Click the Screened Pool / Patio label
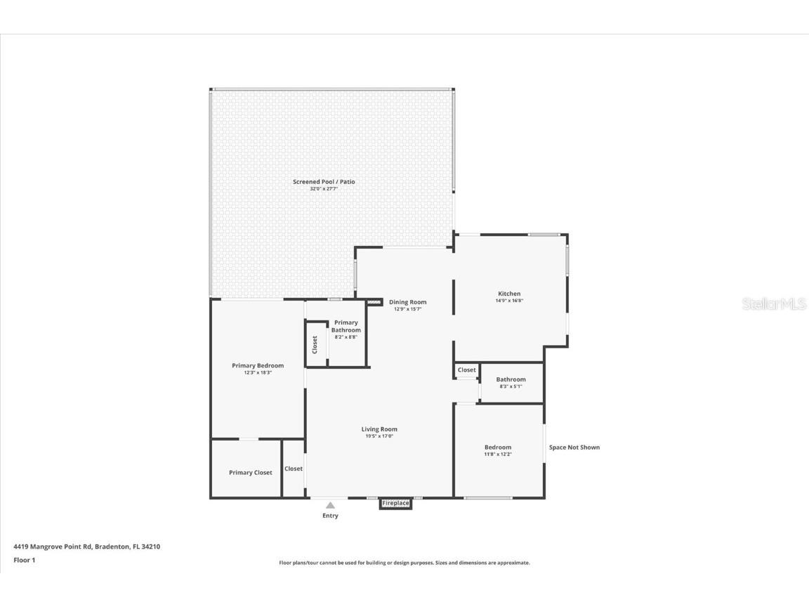(x=324, y=182)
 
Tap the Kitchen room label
(x=509, y=294)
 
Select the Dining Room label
(x=407, y=302)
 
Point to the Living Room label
(x=379, y=429)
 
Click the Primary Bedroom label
(x=258, y=365)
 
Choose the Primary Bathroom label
(x=346, y=326)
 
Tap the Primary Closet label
(x=250, y=473)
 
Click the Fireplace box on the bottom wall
(x=395, y=503)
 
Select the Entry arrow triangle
(x=330, y=504)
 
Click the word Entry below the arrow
(x=330, y=516)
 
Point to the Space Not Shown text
(x=574, y=448)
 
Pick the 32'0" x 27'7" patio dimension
(x=324, y=189)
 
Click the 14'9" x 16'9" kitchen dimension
(x=509, y=301)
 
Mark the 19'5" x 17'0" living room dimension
(x=379, y=436)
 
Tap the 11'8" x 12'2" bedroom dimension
(x=498, y=455)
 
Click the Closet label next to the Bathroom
(x=466, y=370)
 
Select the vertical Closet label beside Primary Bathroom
(x=315, y=345)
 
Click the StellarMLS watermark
(x=774, y=303)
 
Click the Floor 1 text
(x=24, y=560)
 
